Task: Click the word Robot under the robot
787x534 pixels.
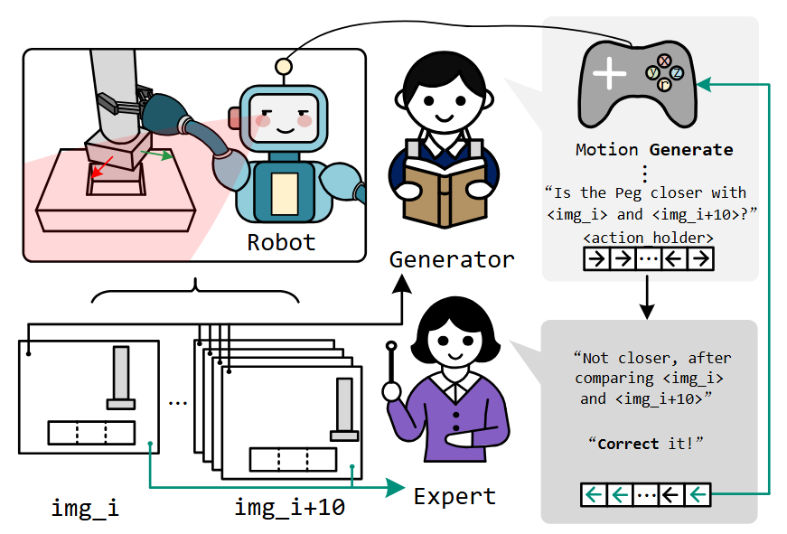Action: (281, 242)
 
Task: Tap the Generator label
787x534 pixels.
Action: (452, 260)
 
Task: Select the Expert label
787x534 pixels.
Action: (454, 496)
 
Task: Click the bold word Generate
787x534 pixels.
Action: (691, 150)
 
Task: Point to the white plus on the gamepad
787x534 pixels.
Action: (609, 73)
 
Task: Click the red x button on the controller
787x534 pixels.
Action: (664, 61)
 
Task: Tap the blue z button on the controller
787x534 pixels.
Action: (677, 72)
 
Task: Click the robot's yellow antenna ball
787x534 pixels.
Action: (284, 66)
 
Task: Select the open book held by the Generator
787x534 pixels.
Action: (445, 192)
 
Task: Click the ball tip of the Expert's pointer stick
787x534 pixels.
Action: (391, 346)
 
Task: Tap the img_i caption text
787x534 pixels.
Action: (85, 508)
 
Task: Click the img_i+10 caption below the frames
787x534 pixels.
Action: (290, 508)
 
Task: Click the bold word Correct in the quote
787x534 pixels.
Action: (628, 444)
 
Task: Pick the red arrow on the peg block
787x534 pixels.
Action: (102, 167)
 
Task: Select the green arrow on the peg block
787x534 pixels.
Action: (156, 155)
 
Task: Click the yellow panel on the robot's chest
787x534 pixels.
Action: (285, 193)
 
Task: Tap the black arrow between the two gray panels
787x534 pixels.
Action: (647, 297)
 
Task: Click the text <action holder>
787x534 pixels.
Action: (648, 238)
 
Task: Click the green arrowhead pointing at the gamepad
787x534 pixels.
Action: (704, 84)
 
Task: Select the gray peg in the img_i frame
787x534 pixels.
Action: (121, 378)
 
